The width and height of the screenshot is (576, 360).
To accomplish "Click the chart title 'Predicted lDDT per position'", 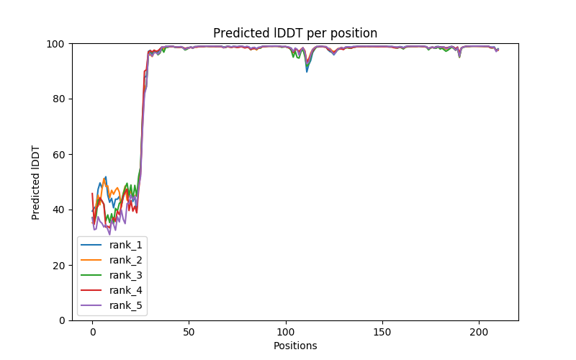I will pyautogui.click(x=295, y=33).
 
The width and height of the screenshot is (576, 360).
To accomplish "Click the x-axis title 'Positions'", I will pyautogui.click(x=295, y=346).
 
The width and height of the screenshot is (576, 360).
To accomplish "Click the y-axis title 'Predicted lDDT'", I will pyautogui.click(x=36, y=181).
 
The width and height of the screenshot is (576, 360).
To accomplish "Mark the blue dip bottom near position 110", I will pyautogui.click(x=307, y=71).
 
